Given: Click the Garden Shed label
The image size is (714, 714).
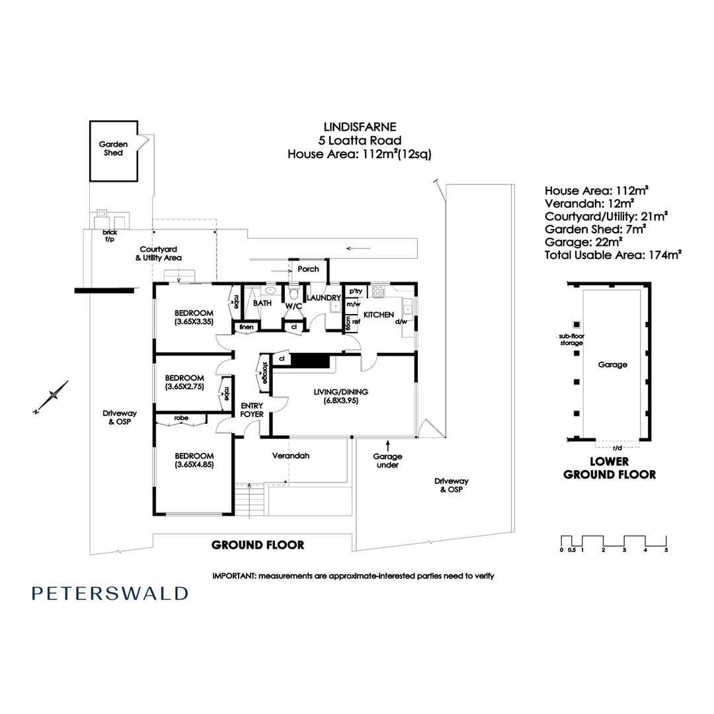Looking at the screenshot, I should pyautogui.click(x=113, y=148).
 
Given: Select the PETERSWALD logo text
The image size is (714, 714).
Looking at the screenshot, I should pyautogui.click(x=110, y=593).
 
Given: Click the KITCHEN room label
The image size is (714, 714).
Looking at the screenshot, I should pyautogui.click(x=379, y=315).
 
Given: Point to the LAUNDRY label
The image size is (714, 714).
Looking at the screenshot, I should pyautogui.click(x=323, y=298).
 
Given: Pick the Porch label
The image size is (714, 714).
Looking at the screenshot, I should pyautogui.click(x=308, y=269).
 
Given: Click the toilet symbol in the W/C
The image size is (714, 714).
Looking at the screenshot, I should pyautogui.click(x=294, y=294).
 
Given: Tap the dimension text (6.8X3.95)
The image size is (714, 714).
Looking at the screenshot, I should pyautogui.click(x=341, y=401).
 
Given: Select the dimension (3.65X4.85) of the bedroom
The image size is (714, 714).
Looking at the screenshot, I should pyautogui.click(x=194, y=465).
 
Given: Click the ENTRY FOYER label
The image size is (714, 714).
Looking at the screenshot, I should pyautogui.click(x=252, y=410).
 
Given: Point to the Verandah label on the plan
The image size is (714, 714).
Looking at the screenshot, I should pyautogui.click(x=291, y=456).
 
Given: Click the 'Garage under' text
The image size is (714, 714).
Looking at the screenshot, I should pyautogui.click(x=387, y=461).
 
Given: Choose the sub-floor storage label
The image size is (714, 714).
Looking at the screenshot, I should pyautogui.click(x=571, y=340).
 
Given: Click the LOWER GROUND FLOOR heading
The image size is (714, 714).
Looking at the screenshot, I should pyautogui.click(x=609, y=467).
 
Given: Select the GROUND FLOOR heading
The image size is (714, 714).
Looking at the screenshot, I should pyautogui.click(x=258, y=545).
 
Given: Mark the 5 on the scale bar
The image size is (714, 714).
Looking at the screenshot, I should pyautogui.click(x=666, y=549).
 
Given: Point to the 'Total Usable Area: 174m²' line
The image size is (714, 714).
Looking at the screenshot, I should pyautogui.click(x=613, y=253).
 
